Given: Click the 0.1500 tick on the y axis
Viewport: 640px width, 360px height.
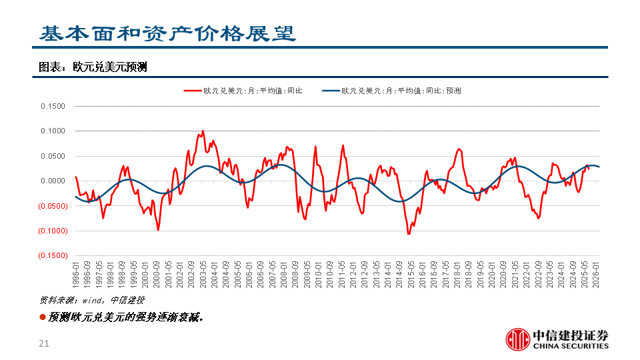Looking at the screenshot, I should click(53, 106).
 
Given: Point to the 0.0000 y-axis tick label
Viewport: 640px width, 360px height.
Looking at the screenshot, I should click(53, 181).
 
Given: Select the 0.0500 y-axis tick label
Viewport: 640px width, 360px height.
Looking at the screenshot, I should click(53, 156).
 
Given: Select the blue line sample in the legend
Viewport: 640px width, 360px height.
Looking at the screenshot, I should click(331, 91).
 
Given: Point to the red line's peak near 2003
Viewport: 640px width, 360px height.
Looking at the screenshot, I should click(203, 131).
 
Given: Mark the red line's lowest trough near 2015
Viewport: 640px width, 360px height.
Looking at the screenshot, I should click(409, 233).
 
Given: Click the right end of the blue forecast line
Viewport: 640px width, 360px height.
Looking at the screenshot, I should click(599, 167).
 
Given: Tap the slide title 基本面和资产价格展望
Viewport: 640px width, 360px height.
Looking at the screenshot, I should click(167, 34).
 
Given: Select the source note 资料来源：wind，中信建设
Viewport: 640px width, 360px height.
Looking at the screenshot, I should click(92, 300).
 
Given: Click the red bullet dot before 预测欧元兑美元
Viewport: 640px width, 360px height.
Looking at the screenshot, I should click(43, 317).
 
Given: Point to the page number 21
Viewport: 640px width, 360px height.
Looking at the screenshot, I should click(45, 343).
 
